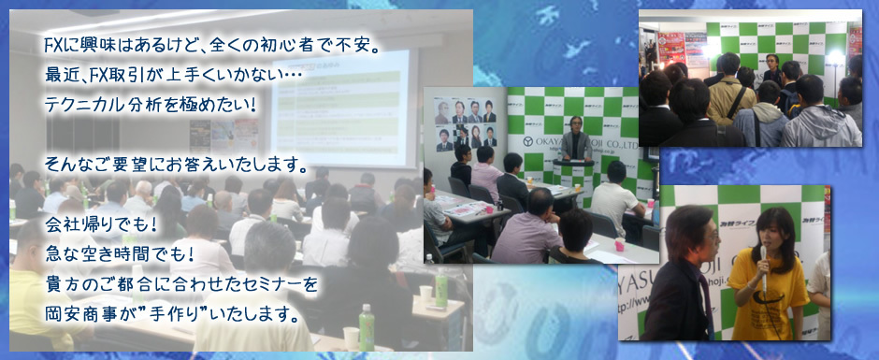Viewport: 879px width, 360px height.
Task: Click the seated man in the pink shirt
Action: (x=485, y=173)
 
